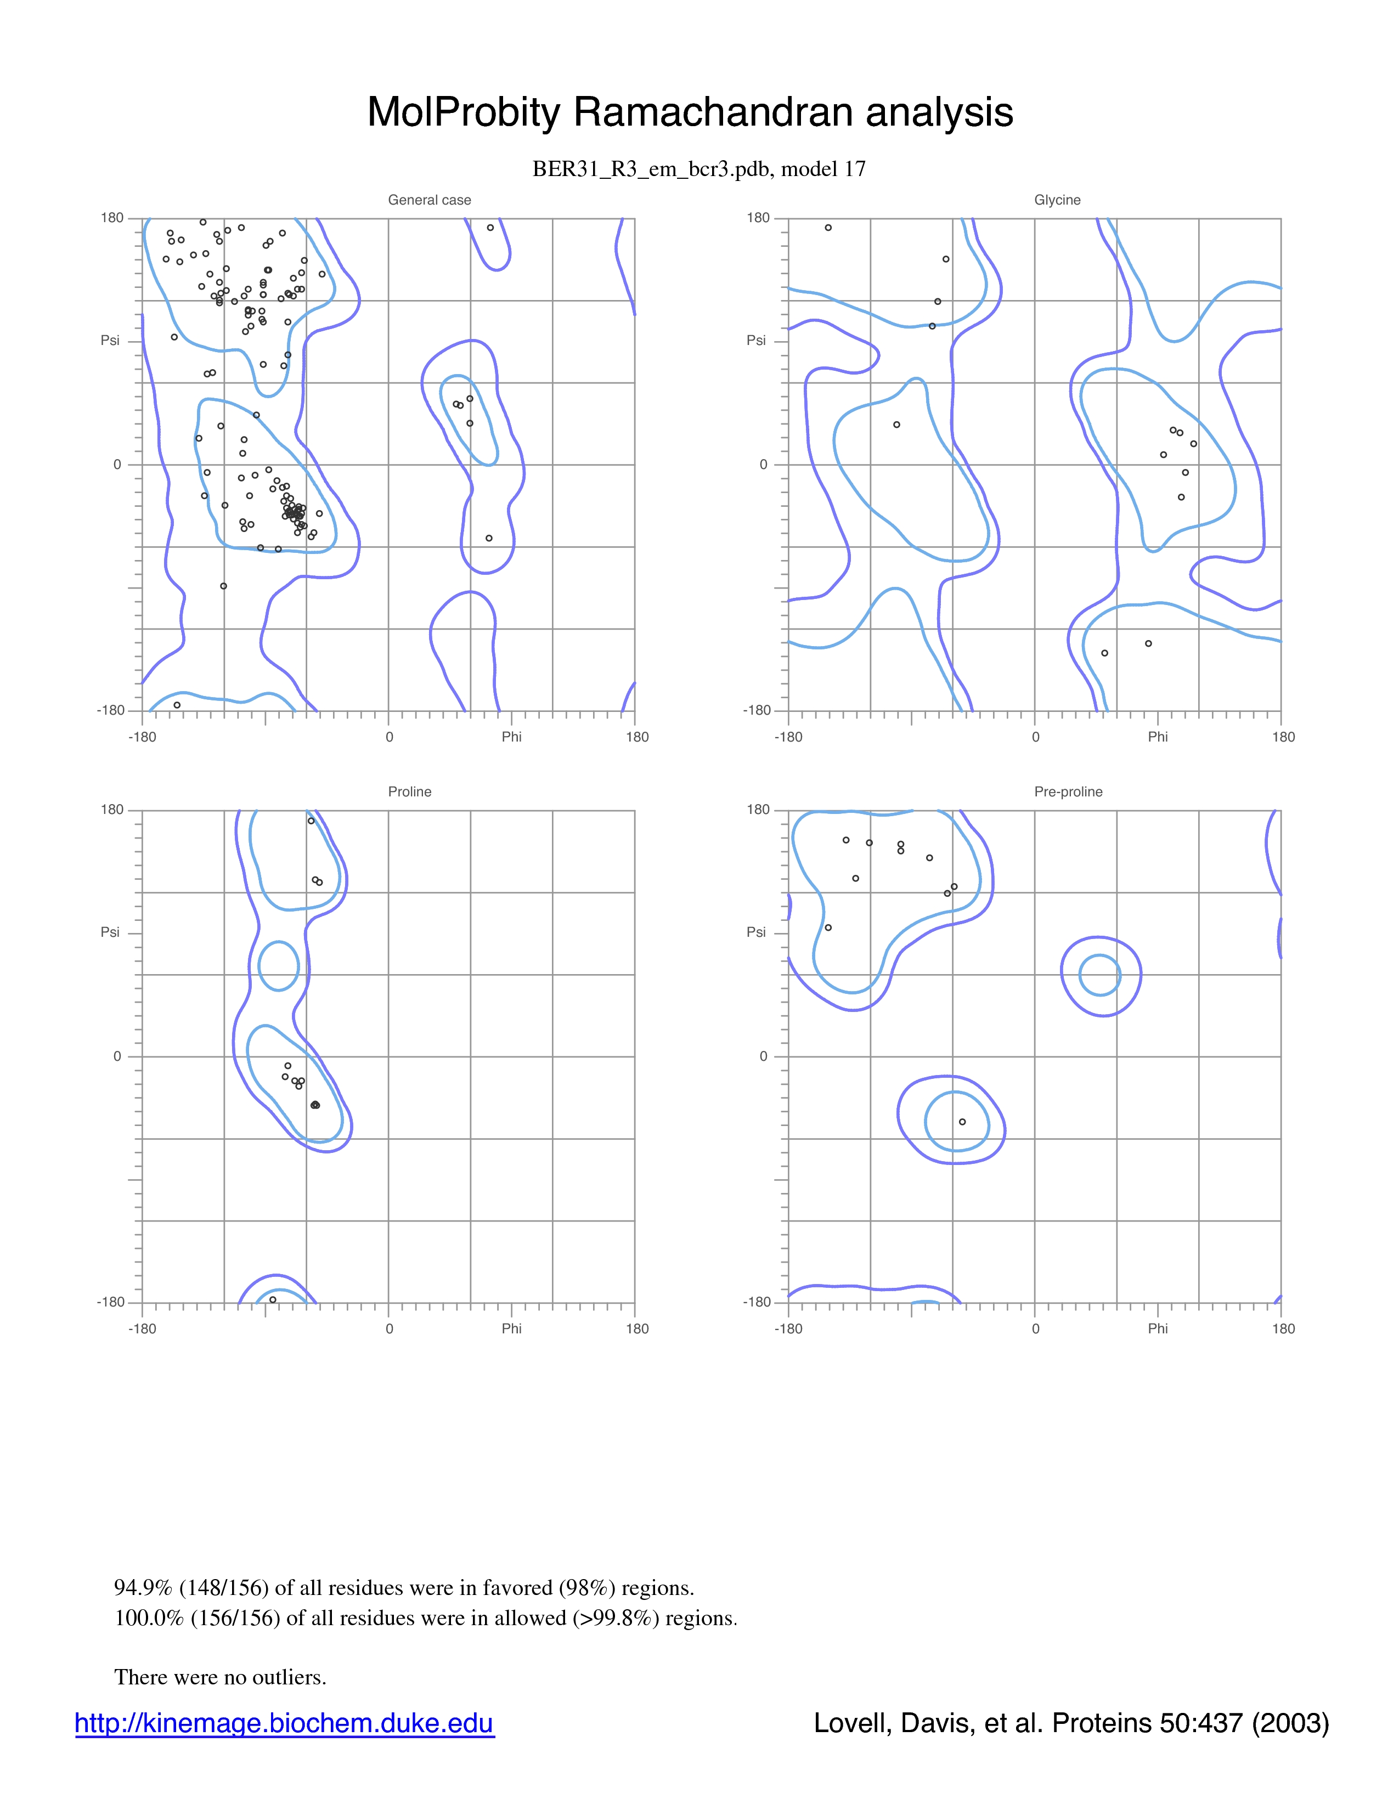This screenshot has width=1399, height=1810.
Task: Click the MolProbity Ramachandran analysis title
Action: coord(690,112)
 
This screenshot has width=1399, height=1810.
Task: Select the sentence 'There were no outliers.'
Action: coord(221,1677)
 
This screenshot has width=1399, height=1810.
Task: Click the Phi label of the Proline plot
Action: coord(511,1328)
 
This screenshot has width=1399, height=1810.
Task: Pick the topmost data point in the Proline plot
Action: coord(311,821)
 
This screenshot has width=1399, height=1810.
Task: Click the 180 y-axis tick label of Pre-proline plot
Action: coord(758,810)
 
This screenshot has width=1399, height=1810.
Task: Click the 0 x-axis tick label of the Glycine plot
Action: coord(1035,737)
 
